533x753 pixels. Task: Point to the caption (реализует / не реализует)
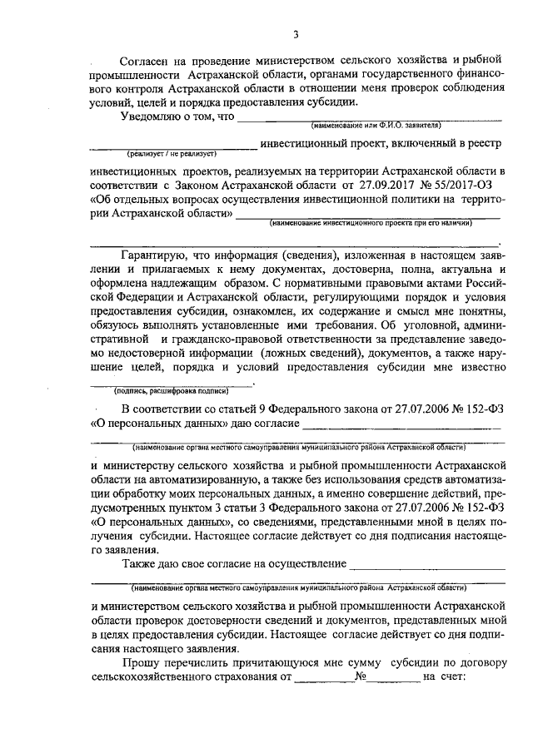(172, 154)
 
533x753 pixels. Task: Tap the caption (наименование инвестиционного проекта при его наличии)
(370, 224)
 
